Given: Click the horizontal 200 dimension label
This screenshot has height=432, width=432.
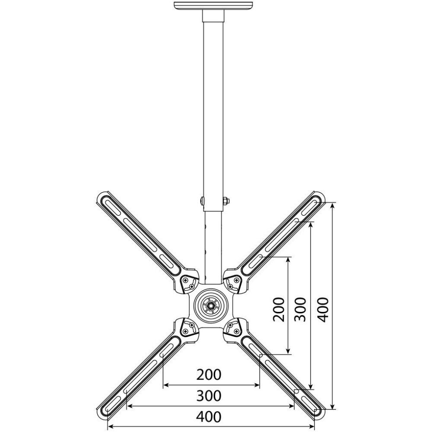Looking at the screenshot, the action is tap(209, 375).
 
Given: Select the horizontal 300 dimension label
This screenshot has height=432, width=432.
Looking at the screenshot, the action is tap(209, 396).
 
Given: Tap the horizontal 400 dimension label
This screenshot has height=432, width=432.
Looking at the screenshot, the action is tap(209, 417).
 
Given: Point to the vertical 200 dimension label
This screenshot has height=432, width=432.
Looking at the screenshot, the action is tap(279, 309).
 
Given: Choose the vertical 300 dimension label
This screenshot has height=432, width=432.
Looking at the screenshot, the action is tap(300, 309).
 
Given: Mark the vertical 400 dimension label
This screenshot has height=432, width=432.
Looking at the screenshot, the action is tap(323, 309).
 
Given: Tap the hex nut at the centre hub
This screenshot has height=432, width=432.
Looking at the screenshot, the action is tap(211, 305).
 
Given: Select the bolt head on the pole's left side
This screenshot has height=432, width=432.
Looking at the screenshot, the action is tap(202, 201).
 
